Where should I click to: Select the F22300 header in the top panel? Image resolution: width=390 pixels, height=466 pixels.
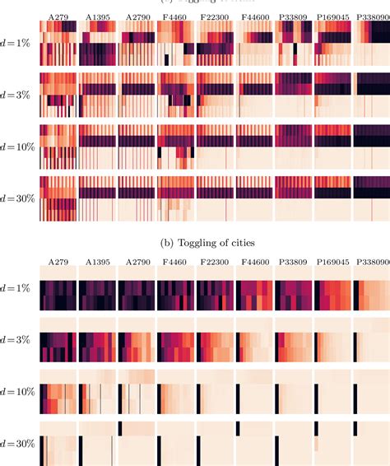click(x=216, y=16)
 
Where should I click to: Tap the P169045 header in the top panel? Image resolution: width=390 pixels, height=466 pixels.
click(x=333, y=16)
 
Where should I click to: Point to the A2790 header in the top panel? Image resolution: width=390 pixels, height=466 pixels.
click(x=137, y=16)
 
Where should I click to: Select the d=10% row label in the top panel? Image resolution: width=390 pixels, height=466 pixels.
click(x=17, y=145)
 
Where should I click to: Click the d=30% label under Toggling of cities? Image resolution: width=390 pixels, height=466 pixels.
click(x=17, y=443)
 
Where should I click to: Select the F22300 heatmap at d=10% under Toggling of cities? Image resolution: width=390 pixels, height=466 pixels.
click(x=216, y=392)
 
